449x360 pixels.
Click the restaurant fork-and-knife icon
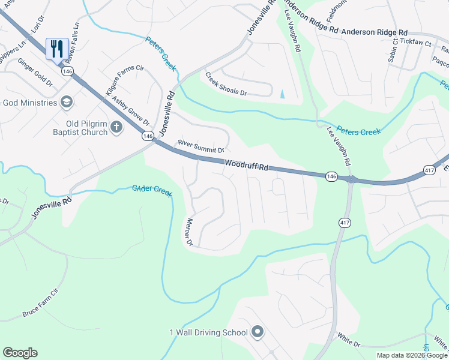coord(57,49)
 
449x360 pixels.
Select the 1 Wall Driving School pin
coord(258,332)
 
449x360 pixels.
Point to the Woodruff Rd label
coord(246,165)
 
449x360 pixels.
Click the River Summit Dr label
coord(200,146)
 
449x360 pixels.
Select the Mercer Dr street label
coord(188,232)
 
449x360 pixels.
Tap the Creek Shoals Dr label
coord(226,84)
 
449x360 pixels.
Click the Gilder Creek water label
coord(152,190)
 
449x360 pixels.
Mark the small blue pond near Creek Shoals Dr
coord(283,94)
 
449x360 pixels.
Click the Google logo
coord(20,353)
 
